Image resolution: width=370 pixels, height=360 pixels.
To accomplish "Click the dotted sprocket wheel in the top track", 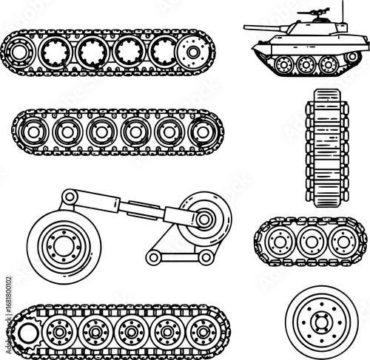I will (x=193, y=52).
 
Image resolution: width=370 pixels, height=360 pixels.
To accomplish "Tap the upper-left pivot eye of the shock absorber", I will (x=67, y=196).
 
